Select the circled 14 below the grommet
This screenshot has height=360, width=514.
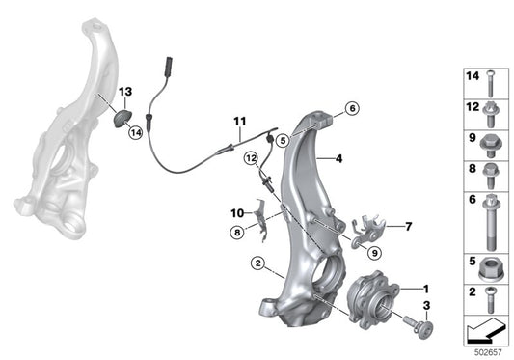[136, 132]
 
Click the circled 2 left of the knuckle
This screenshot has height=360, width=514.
[257, 262]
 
